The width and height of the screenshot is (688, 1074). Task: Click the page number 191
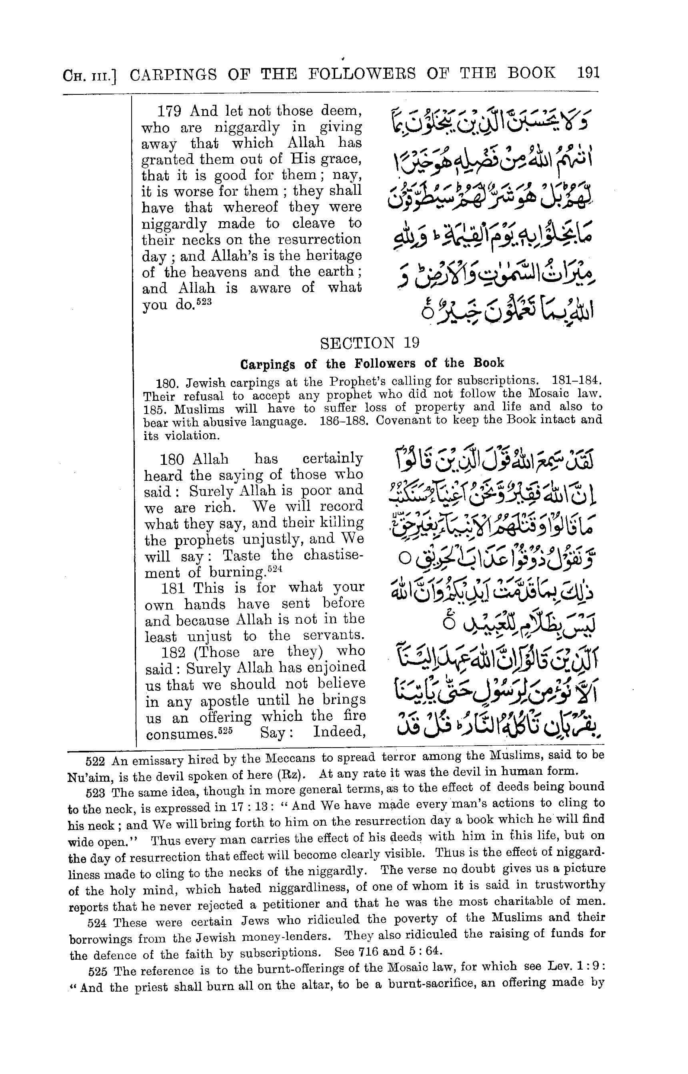coord(588,72)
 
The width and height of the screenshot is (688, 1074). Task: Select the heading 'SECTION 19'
coord(370,343)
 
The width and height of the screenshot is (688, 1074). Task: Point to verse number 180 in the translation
coord(172,459)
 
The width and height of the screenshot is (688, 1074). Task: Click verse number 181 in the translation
coord(173,588)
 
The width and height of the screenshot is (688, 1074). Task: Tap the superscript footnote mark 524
coord(275,569)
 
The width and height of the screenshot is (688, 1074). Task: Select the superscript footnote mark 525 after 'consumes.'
coord(225,731)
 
